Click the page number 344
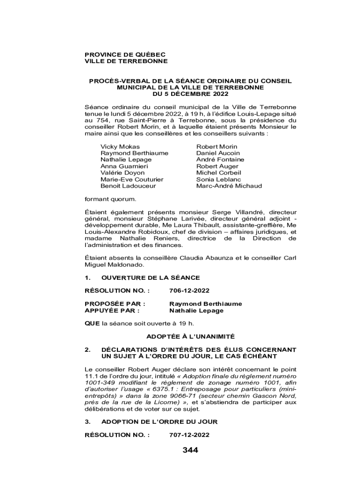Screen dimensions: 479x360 tap(190, 450)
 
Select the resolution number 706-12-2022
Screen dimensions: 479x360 tap(189, 290)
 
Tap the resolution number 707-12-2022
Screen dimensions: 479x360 tap(189, 435)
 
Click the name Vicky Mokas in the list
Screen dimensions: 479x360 tap(120, 146)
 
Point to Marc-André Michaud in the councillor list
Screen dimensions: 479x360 tap(229, 186)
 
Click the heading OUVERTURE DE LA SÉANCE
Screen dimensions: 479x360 tap(151, 277)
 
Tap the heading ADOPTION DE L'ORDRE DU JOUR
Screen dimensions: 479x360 tap(159, 421)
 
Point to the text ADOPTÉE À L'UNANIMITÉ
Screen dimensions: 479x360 tap(190, 336)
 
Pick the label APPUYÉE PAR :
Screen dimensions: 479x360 tap(112, 310)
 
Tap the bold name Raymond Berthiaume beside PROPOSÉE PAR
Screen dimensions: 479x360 tap(206, 304)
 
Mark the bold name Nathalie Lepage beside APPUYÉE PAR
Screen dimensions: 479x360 tap(196, 310)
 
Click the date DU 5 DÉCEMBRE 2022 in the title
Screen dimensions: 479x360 tap(190, 94)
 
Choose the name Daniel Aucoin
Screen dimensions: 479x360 tap(218, 153)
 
